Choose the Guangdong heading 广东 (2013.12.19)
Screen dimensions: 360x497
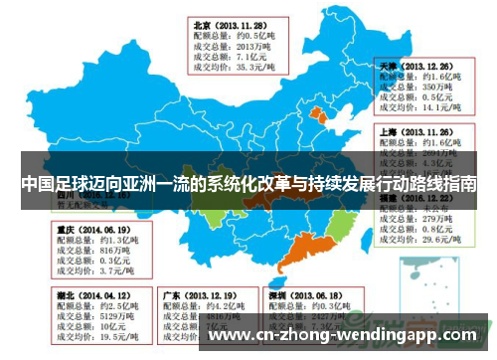click(x=198, y=295)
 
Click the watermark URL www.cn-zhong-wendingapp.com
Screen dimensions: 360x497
click(x=348, y=335)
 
